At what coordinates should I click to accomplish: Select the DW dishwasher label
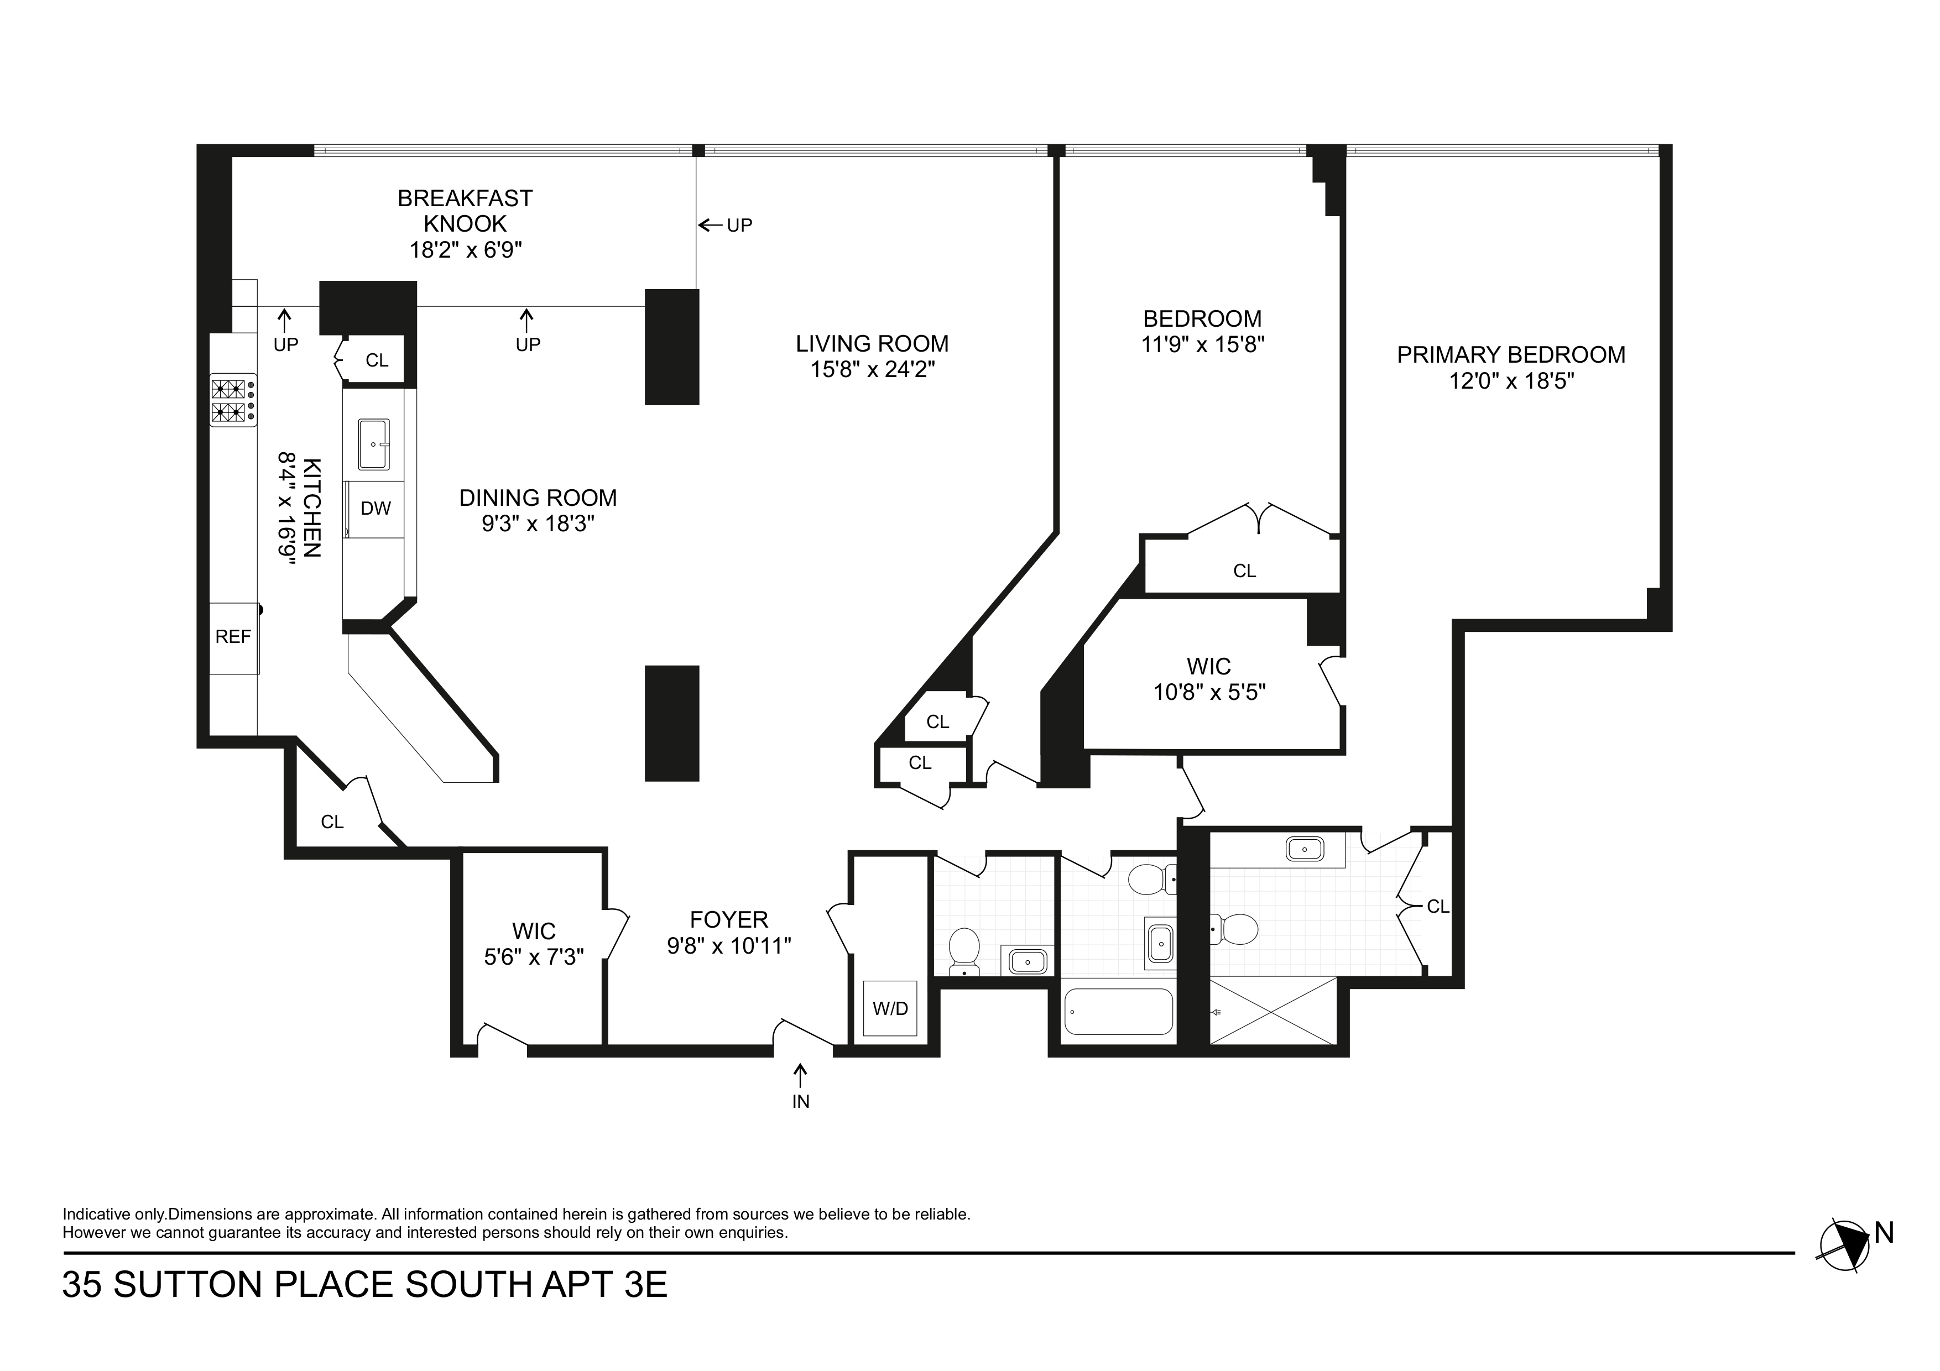click(376, 509)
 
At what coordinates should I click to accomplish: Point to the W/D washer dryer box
click(890, 1008)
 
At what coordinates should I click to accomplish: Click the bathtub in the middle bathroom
click(1119, 1012)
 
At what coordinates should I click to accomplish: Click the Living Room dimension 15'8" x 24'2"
click(872, 370)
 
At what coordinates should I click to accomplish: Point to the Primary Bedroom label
click(1511, 355)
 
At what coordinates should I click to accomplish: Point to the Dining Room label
click(538, 499)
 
